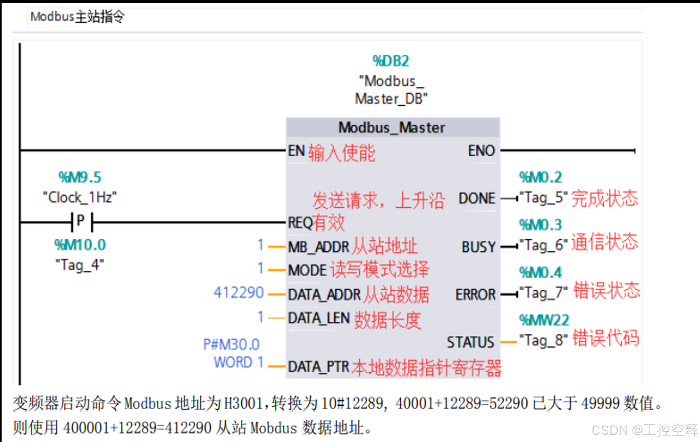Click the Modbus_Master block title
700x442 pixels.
click(x=392, y=128)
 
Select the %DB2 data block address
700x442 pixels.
click(x=391, y=61)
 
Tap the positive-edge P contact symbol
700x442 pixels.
click(x=81, y=222)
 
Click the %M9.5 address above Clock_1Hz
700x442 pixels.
click(x=80, y=177)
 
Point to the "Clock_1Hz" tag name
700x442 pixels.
click(x=80, y=197)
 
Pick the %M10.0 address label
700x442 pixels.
click(x=80, y=245)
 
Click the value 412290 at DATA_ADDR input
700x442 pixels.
click(x=239, y=293)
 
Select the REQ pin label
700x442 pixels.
click(x=300, y=223)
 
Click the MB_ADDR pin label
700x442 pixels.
click(x=318, y=247)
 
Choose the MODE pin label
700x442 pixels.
click(x=307, y=270)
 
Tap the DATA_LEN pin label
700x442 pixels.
click(x=319, y=318)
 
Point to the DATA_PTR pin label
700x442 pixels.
click(x=318, y=367)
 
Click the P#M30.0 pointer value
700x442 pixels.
click(x=231, y=344)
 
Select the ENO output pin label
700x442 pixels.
click(x=481, y=151)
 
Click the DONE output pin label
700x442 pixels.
click(x=477, y=198)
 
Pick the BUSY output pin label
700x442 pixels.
click(x=478, y=247)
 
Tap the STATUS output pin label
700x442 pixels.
click(x=470, y=342)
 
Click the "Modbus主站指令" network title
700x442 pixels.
click(x=77, y=17)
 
